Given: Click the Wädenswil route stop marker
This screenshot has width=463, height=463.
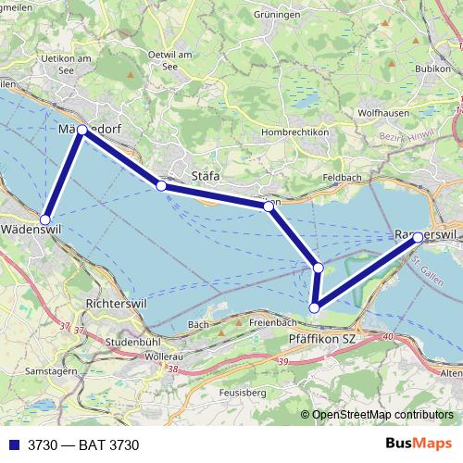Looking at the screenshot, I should click(x=45, y=219).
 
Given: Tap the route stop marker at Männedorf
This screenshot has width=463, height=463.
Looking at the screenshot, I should click(x=82, y=131).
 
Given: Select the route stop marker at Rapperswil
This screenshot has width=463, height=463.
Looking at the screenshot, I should click(x=419, y=237).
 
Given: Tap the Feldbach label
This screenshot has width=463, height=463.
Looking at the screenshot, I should click(x=343, y=176).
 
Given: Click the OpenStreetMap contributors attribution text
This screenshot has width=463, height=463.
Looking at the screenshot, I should click(x=376, y=414).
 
